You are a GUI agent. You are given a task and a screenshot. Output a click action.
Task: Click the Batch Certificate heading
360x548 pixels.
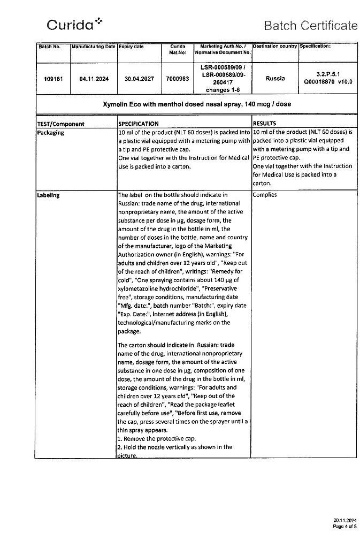[x=310, y=25]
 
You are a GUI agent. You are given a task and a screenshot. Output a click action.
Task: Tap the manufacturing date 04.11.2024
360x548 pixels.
[x=94, y=79]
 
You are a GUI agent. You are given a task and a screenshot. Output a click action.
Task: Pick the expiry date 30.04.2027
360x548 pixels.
[x=139, y=79]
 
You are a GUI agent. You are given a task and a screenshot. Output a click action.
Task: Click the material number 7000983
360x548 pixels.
[x=177, y=79]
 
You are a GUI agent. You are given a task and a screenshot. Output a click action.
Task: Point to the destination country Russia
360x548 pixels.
[x=275, y=78]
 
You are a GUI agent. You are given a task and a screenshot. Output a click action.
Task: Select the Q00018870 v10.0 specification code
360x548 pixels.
[x=328, y=82]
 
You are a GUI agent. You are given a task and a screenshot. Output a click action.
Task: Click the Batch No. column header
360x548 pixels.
[x=50, y=47]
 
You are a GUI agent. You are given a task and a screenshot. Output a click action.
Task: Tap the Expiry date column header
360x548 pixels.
[x=131, y=47]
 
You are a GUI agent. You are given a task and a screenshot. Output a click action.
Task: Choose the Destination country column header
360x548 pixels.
[x=274, y=46]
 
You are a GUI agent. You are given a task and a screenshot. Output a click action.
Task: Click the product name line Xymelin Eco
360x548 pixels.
[x=196, y=104]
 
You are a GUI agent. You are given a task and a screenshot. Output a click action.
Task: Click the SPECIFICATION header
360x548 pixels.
[x=139, y=124]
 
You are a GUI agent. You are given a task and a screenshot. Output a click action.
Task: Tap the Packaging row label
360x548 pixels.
[x=51, y=133]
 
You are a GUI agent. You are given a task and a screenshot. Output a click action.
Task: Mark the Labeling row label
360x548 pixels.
[x=49, y=195]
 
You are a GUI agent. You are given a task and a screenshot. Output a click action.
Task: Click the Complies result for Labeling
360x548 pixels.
[x=265, y=195]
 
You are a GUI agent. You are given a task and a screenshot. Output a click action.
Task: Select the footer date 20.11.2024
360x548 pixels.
[x=344, y=521]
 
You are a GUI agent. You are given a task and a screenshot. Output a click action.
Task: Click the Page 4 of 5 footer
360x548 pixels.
[x=344, y=527]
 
